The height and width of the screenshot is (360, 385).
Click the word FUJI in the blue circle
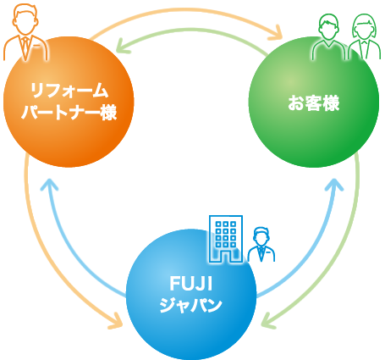pyautogui.click(x=191, y=283)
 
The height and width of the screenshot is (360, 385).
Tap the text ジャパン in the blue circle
pyautogui.click(x=191, y=305)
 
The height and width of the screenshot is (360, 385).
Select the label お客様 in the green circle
pyautogui.click(x=313, y=102)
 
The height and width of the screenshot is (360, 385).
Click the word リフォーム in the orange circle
pyautogui.click(x=69, y=91)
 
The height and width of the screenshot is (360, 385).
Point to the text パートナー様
pyautogui.click(x=69, y=112)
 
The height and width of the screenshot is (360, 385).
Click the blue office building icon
pyautogui.click(x=226, y=239)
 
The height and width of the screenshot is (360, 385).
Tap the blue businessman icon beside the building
pyautogui.click(x=261, y=244)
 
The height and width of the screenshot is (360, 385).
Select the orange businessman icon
pyautogui.click(x=25, y=33)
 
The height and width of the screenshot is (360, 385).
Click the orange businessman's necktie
pyautogui.click(x=25, y=47)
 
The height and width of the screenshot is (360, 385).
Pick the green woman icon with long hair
pyautogui.click(x=364, y=36)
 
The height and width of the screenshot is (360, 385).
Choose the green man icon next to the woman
pyautogui.click(x=328, y=36)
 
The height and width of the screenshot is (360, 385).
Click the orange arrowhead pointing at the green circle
pyautogui.click(x=277, y=33)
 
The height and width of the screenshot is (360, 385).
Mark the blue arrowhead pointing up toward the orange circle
pyautogui.click(x=49, y=184)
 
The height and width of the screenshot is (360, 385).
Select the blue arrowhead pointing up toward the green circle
pyautogui.click(x=335, y=184)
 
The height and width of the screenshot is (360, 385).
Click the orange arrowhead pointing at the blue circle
pyautogui.click(x=116, y=321)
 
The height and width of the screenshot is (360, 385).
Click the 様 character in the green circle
pyautogui.click(x=330, y=102)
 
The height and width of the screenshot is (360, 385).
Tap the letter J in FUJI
pyautogui.click(x=201, y=283)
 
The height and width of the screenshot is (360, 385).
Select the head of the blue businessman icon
pyautogui.click(x=261, y=235)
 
